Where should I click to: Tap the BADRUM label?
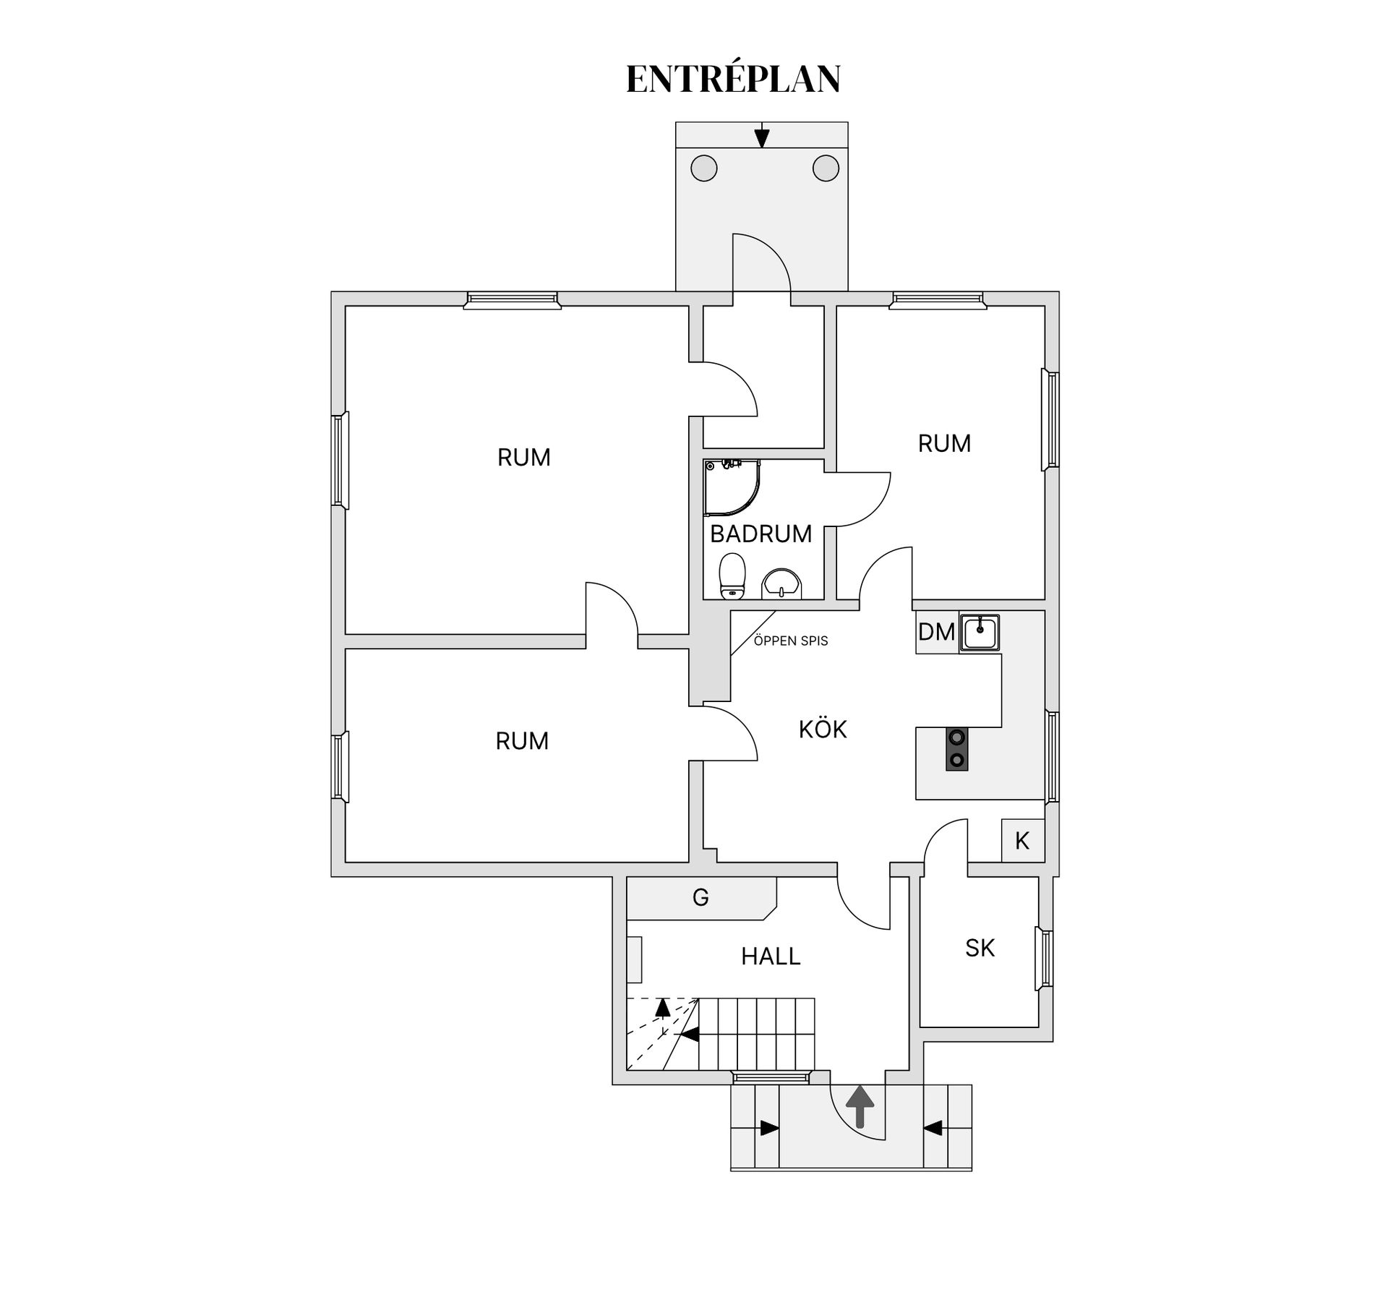761,534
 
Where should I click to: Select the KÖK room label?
823,729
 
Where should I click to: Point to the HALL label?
771,957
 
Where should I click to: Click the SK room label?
980,948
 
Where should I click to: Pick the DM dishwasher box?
937,632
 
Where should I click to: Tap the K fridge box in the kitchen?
1022,840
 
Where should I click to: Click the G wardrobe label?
701,898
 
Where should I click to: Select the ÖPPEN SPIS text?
791,641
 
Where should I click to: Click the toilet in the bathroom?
732,576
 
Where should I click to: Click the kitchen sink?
980,633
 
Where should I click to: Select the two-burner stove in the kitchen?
957,749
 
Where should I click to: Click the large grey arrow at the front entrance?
860,1107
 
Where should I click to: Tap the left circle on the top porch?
704,168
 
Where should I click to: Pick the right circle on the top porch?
826,168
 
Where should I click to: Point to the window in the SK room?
1045,959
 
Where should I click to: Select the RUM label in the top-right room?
944,443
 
